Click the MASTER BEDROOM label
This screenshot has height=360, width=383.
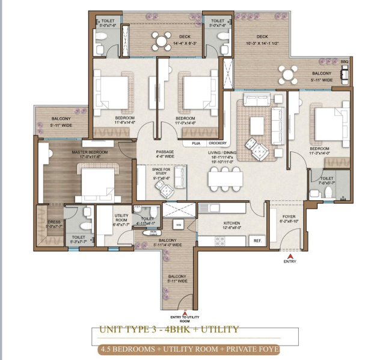pos(90,153)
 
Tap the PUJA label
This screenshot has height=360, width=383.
pos(195,144)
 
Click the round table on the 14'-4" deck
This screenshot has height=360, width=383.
pos(161,41)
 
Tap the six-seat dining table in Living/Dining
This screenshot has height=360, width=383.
pos(227,178)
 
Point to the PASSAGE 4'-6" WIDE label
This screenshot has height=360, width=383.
pos(165,154)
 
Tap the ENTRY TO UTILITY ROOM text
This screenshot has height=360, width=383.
pos(184,319)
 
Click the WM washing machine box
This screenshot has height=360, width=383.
pos(179,225)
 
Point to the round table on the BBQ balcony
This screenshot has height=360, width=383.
pos(288,75)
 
